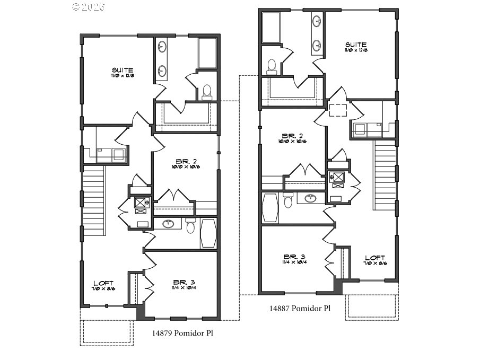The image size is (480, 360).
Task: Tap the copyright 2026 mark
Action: tap(89, 6)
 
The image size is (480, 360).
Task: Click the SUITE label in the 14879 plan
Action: tap(122, 70)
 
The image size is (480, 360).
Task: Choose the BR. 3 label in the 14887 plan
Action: tap(292, 256)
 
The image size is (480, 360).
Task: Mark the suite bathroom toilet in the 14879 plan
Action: tap(207, 92)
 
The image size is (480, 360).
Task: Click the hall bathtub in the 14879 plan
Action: tap(208, 233)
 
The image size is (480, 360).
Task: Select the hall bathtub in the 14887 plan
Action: tap(269, 207)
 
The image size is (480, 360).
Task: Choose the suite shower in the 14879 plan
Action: tap(207, 52)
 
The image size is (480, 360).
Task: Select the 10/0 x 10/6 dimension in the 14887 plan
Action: tap(291, 142)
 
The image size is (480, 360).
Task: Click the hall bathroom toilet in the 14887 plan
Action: tap(288, 200)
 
